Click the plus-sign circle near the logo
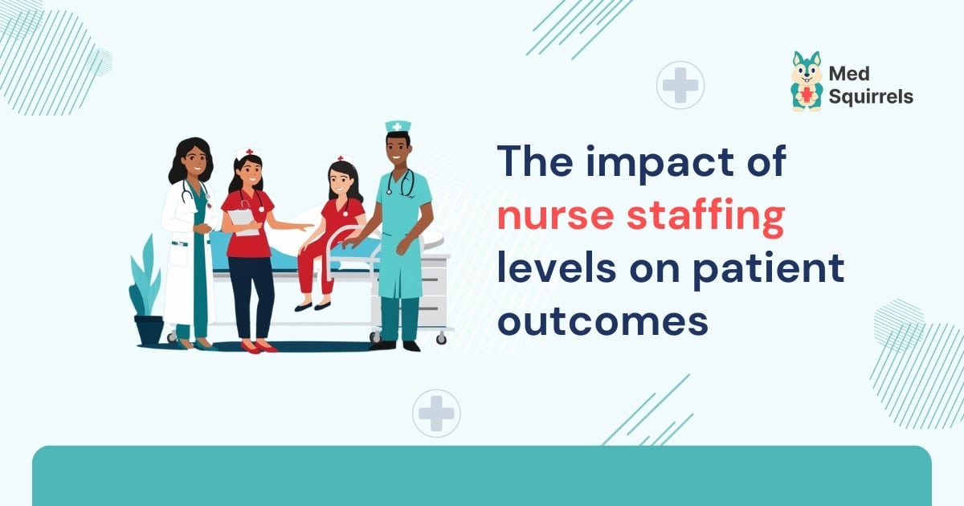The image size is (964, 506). pos(680,85)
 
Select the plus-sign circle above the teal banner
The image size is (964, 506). pos(436,413)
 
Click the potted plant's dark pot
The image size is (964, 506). pos(149,329)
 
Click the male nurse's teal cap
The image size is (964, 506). pos(398,127)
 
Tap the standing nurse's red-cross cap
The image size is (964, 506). pos(247,153)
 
